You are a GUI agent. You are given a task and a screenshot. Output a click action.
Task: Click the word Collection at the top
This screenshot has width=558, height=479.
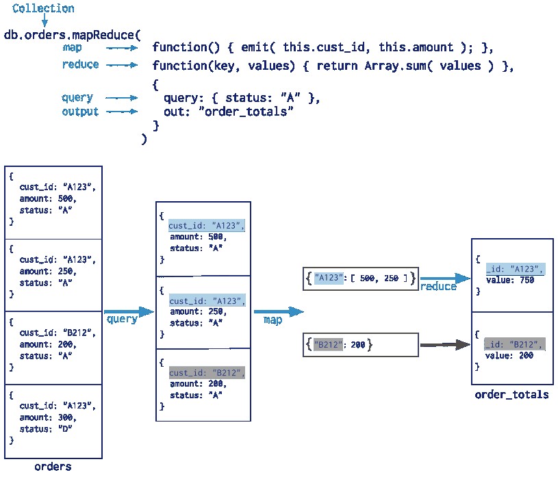point(44,9)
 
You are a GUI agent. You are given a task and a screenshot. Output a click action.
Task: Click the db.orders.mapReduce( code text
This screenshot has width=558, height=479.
point(72,34)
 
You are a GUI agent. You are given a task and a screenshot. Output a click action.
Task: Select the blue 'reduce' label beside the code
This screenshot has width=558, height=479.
point(80,65)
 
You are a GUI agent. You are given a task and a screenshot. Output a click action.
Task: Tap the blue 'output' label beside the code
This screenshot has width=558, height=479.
point(80,112)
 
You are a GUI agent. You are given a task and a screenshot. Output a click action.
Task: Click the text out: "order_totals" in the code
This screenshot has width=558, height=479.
point(229,112)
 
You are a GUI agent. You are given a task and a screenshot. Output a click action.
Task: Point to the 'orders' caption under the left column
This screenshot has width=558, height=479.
point(53,467)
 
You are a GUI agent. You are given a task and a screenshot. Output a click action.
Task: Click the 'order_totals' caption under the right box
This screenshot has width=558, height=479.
point(511,394)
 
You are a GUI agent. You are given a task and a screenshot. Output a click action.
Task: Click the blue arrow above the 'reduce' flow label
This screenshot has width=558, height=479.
point(445,278)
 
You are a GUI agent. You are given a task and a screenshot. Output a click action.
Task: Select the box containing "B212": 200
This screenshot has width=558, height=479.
point(360,345)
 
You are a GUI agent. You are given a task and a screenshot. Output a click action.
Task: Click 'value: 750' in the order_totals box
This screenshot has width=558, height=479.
point(509,279)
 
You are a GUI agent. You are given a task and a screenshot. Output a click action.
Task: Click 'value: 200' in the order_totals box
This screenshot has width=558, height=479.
point(509,356)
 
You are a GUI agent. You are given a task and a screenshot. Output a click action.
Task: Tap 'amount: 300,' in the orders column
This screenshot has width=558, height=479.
point(48,417)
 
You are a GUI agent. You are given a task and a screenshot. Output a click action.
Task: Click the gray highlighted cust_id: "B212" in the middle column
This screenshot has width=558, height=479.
point(206,373)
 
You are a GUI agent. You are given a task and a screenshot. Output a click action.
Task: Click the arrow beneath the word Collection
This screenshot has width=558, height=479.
point(45,23)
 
